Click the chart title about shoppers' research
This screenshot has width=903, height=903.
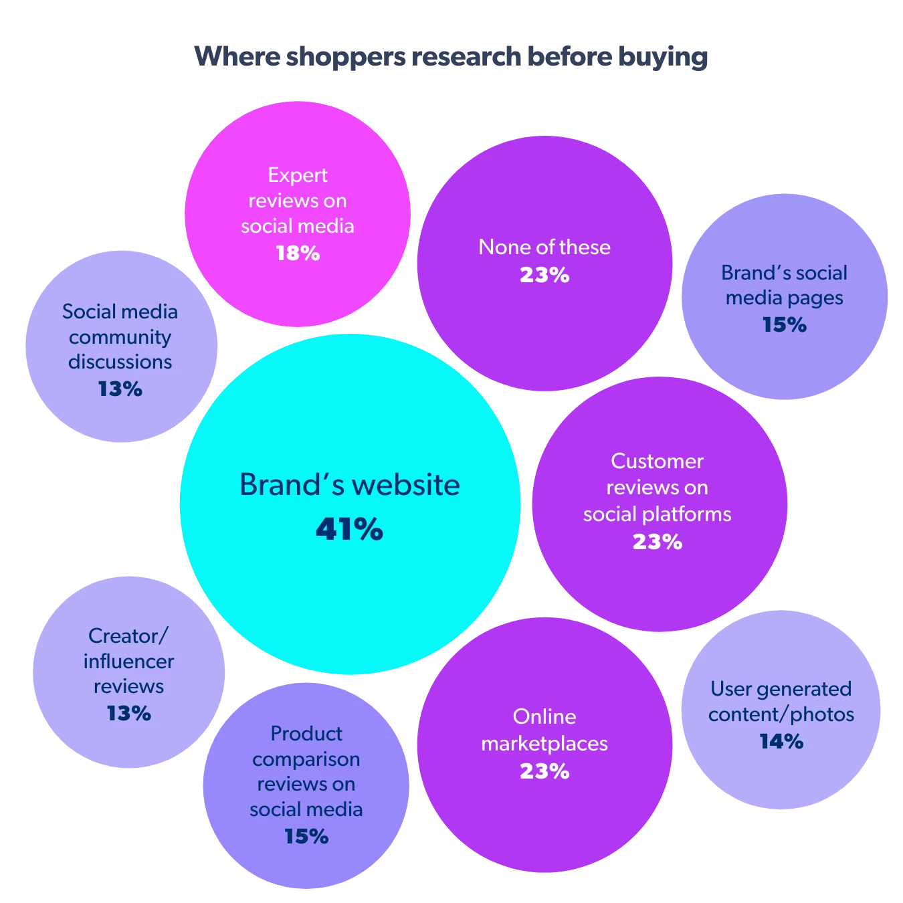pos(451,57)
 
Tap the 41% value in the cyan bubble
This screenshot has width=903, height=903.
pos(349,530)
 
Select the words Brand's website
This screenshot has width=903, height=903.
pos(349,485)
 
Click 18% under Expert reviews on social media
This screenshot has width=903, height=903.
pos(298,254)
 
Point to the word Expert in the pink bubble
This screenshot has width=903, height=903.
pos(298,175)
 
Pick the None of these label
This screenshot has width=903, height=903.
pos(544,247)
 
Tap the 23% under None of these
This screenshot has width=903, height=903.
pos(544,275)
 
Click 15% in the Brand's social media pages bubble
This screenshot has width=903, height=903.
pos(784,325)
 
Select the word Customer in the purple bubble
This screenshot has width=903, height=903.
pos(657,461)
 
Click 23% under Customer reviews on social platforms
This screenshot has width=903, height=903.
pos(657,542)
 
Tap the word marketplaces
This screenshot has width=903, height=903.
pos(544,744)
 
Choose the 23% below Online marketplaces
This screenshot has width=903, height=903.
pos(544,771)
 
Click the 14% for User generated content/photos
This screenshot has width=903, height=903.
pos(781,741)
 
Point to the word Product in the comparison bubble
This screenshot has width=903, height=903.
pos(306,734)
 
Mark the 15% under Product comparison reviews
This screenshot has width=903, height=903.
pos(306,836)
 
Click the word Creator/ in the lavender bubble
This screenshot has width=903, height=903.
pos(128,635)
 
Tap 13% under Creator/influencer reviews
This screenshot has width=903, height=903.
pos(128,713)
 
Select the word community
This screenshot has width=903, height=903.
pos(120,337)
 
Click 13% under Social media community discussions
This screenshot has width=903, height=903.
pos(120,389)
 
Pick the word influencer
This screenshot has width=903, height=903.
pos(128,662)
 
